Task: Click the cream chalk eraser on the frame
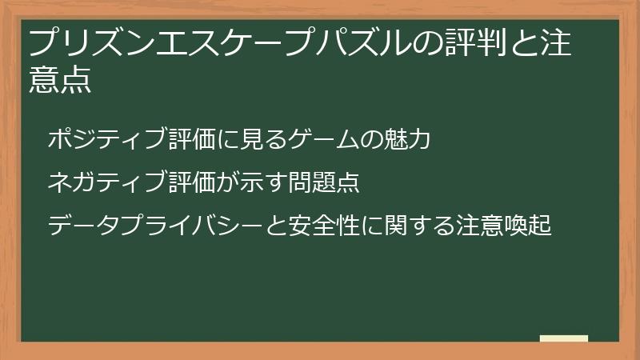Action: click(563, 339)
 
